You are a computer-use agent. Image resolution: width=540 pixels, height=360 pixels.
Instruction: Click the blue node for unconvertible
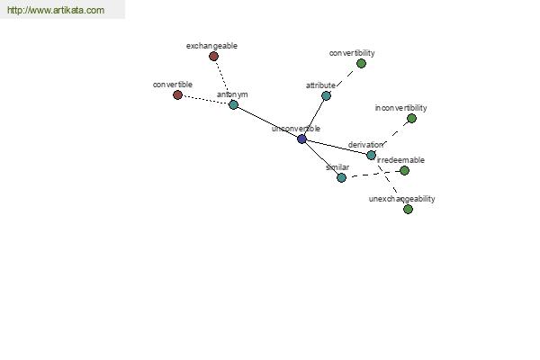301,139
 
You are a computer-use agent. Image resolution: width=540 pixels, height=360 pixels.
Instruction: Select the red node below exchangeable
213,56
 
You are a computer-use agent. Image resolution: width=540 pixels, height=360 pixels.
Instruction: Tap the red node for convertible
177,94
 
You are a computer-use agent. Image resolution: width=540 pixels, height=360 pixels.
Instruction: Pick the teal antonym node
233,104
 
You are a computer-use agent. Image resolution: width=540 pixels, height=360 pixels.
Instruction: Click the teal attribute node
326,95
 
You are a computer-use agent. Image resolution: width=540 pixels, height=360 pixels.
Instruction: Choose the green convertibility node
361,63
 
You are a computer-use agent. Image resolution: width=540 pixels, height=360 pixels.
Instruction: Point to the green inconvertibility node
411,119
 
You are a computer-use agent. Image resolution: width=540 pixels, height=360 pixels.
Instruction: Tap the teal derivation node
371,155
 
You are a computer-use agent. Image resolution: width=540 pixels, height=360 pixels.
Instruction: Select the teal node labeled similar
341,178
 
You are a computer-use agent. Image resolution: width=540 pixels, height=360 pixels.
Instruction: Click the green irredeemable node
404,170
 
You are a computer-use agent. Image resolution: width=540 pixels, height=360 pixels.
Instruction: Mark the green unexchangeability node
408,209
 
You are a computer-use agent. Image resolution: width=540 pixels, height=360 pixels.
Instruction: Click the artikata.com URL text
56,10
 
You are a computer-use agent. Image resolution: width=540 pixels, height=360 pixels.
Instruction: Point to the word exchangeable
211,46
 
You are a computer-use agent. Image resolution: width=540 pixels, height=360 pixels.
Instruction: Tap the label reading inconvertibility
400,108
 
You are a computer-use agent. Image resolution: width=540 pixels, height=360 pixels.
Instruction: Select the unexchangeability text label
402,199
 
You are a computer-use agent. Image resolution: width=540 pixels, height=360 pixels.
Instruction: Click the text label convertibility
352,53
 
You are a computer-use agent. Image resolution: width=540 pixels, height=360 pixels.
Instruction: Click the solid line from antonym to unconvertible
267,122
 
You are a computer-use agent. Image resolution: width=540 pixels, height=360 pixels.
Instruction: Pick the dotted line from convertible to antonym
205,100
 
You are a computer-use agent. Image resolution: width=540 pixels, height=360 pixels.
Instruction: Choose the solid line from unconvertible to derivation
337,147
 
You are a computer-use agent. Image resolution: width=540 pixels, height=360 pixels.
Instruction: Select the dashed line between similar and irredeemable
373,175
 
